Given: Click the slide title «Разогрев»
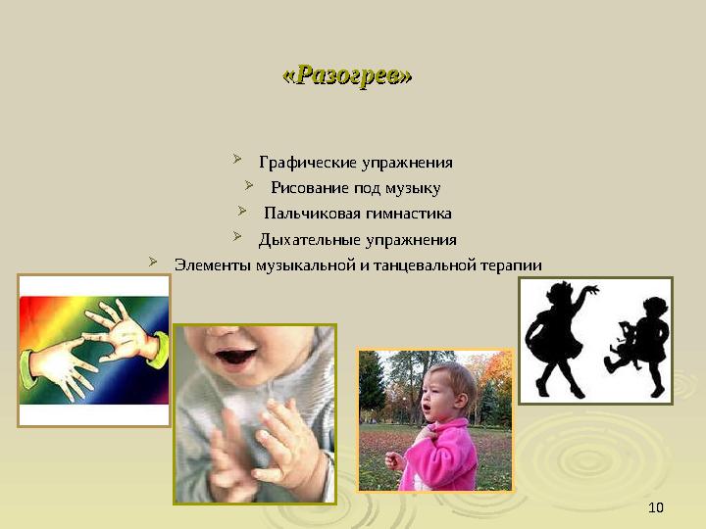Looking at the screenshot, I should coord(347,75).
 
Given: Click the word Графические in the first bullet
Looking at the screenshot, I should coord(299,162).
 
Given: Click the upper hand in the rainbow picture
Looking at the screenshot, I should coord(123,328).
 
